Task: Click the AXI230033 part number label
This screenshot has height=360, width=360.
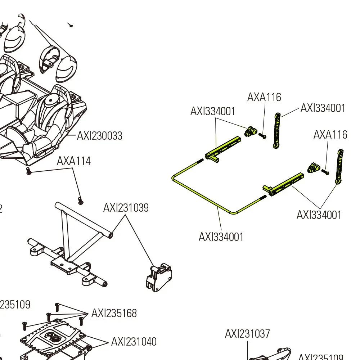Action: pos(100,136)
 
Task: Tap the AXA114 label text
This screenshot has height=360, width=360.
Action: pos(74,161)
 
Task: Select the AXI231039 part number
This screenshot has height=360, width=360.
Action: pos(126,208)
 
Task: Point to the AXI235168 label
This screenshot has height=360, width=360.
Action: pos(114,313)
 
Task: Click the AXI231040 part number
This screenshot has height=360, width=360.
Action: pos(134,341)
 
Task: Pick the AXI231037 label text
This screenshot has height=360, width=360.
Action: pos(247,334)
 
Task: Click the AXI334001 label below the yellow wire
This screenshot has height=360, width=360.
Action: pos(221,237)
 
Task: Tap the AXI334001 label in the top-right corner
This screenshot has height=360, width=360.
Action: pos(323,108)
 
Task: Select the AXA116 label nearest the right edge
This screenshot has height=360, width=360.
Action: pos(330,135)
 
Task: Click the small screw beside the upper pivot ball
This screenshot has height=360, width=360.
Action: pos(262,136)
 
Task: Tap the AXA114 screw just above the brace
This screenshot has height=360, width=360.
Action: pos(80,201)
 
